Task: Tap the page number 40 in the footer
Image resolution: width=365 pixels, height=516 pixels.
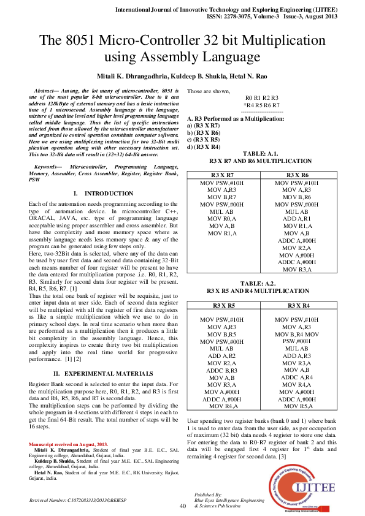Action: click(x=182, y=506)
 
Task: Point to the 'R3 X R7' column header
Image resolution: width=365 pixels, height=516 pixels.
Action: click(x=223, y=175)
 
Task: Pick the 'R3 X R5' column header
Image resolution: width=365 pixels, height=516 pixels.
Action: click(x=223, y=305)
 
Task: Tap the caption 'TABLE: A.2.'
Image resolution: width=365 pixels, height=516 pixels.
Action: click(x=262, y=283)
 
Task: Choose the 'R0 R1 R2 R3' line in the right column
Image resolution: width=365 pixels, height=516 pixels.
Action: click(x=262, y=98)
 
